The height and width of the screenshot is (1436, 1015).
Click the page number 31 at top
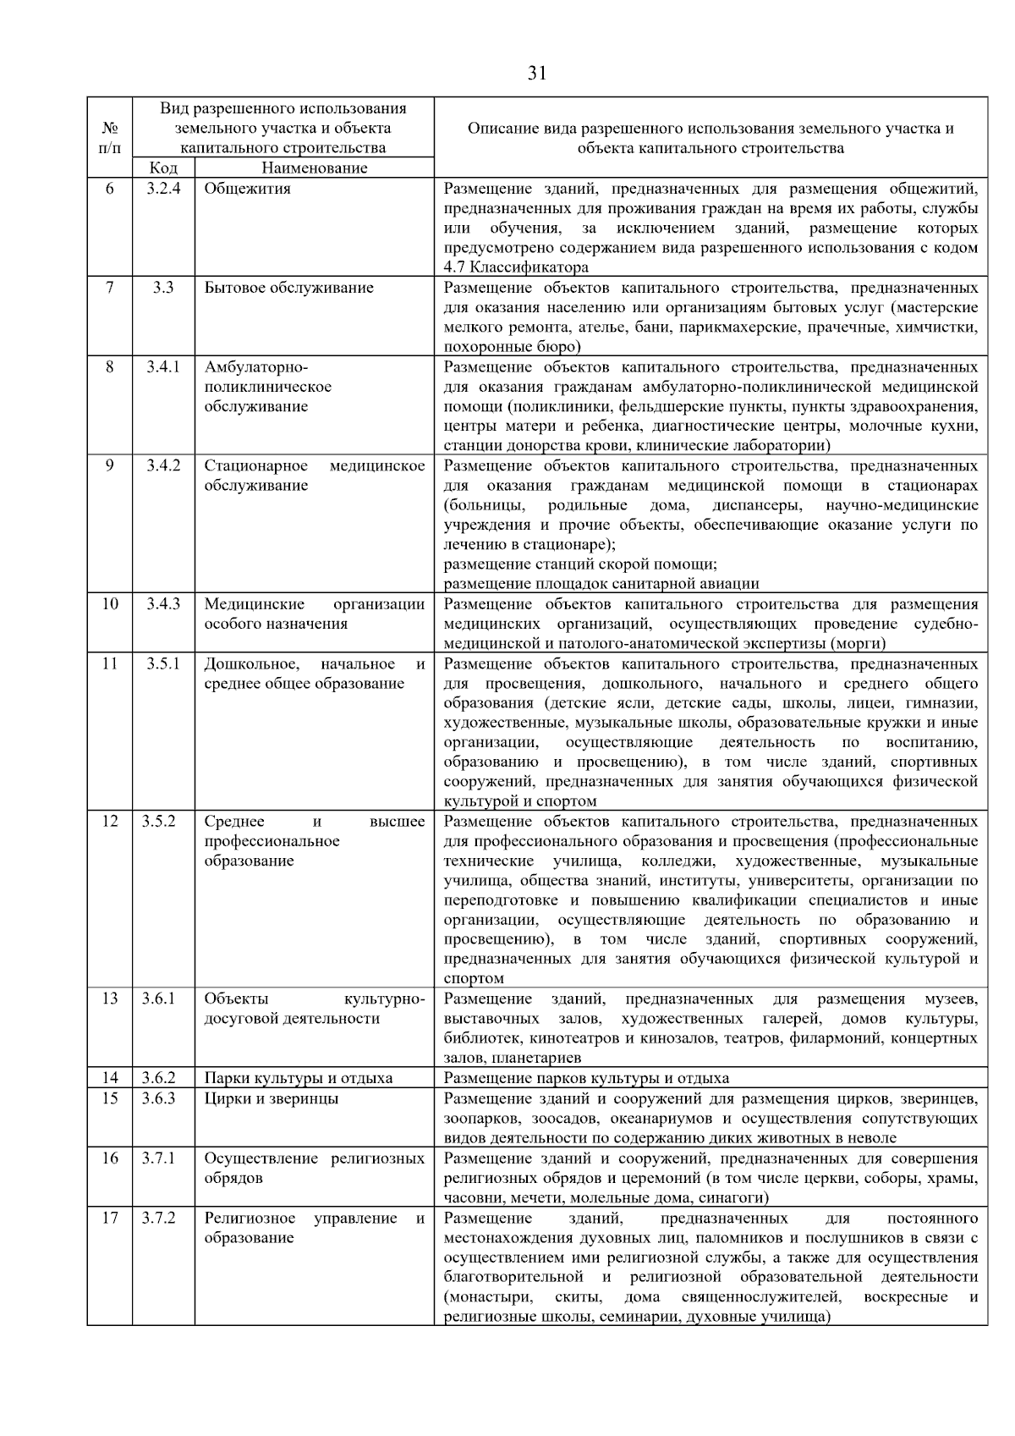pyautogui.click(x=537, y=74)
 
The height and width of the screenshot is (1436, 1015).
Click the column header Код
pyautogui.click(x=162, y=168)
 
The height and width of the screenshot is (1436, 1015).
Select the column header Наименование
pyautogui.click(x=314, y=168)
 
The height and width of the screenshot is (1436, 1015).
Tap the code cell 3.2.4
pyautogui.click(x=162, y=189)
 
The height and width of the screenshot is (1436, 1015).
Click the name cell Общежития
pyautogui.click(x=247, y=189)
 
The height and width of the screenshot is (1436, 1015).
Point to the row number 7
pyautogui.click(x=110, y=288)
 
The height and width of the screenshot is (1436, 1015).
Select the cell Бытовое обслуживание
pyautogui.click(x=288, y=288)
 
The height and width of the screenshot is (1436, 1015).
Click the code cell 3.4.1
pyautogui.click(x=162, y=367)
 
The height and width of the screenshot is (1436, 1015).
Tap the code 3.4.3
pyautogui.click(x=162, y=604)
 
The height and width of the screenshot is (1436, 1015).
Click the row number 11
pyautogui.click(x=110, y=663)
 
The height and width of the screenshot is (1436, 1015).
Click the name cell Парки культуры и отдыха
pyautogui.click(x=298, y=1078)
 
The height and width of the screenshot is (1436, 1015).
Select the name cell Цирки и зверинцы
pyautogui.click(x=271, y=1098)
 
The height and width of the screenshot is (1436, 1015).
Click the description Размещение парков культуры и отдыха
pyautogui.click(x=586, y=1078)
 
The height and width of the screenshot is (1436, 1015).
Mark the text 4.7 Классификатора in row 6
pyautogui.click(x=516, y=267)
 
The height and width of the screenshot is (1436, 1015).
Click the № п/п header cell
pyautogui.click(x=110, y=137)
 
